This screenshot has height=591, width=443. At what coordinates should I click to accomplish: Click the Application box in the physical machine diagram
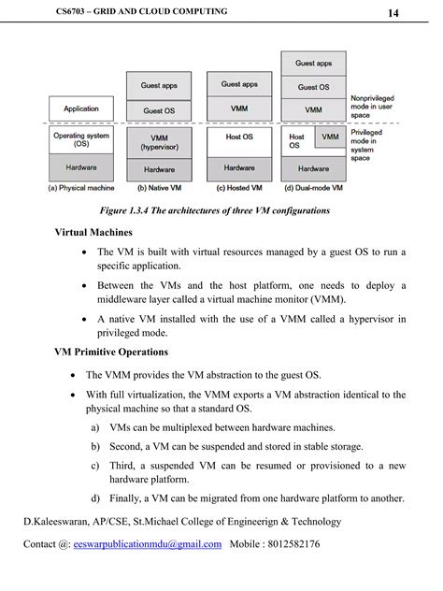click(81, 109)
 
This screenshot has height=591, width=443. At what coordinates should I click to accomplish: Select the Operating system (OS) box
click(81, 140)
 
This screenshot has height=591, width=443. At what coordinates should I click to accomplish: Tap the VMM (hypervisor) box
click(159, 141)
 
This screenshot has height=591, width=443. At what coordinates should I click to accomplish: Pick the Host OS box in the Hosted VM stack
click(239, 137)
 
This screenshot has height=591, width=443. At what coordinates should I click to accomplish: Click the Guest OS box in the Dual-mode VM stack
click(313, 87)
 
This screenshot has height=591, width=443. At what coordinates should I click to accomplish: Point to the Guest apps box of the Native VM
click(159, 86)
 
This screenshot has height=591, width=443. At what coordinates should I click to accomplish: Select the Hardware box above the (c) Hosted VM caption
click(239, 168)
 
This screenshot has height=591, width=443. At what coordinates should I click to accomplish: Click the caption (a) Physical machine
click(81, 188)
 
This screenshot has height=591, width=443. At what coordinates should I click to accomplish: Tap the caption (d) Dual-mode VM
click(313, 188)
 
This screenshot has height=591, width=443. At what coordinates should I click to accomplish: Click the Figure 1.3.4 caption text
click(221, 211)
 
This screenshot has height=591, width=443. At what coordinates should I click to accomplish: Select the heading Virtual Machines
click(93, 232)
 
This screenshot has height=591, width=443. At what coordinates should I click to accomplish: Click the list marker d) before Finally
click(95, 498)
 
